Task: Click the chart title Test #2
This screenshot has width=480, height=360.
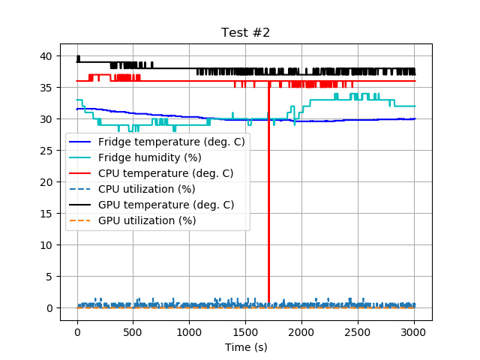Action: (245, 33)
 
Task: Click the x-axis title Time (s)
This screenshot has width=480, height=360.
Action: (246, 347)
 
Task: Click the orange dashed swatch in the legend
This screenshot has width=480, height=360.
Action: (81, 220)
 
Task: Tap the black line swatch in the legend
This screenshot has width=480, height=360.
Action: (81, 205)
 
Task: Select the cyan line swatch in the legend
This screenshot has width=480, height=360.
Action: (81, 157)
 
